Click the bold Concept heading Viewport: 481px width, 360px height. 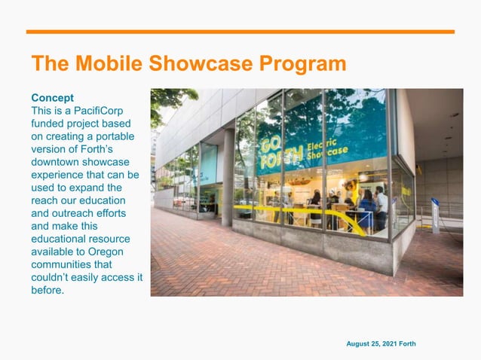(x=52, y=98)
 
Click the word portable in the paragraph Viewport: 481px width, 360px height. (x=111, y=136)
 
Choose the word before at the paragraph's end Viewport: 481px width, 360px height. (x=47, y=289)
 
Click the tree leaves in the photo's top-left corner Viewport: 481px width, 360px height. (x=166, y=102)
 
